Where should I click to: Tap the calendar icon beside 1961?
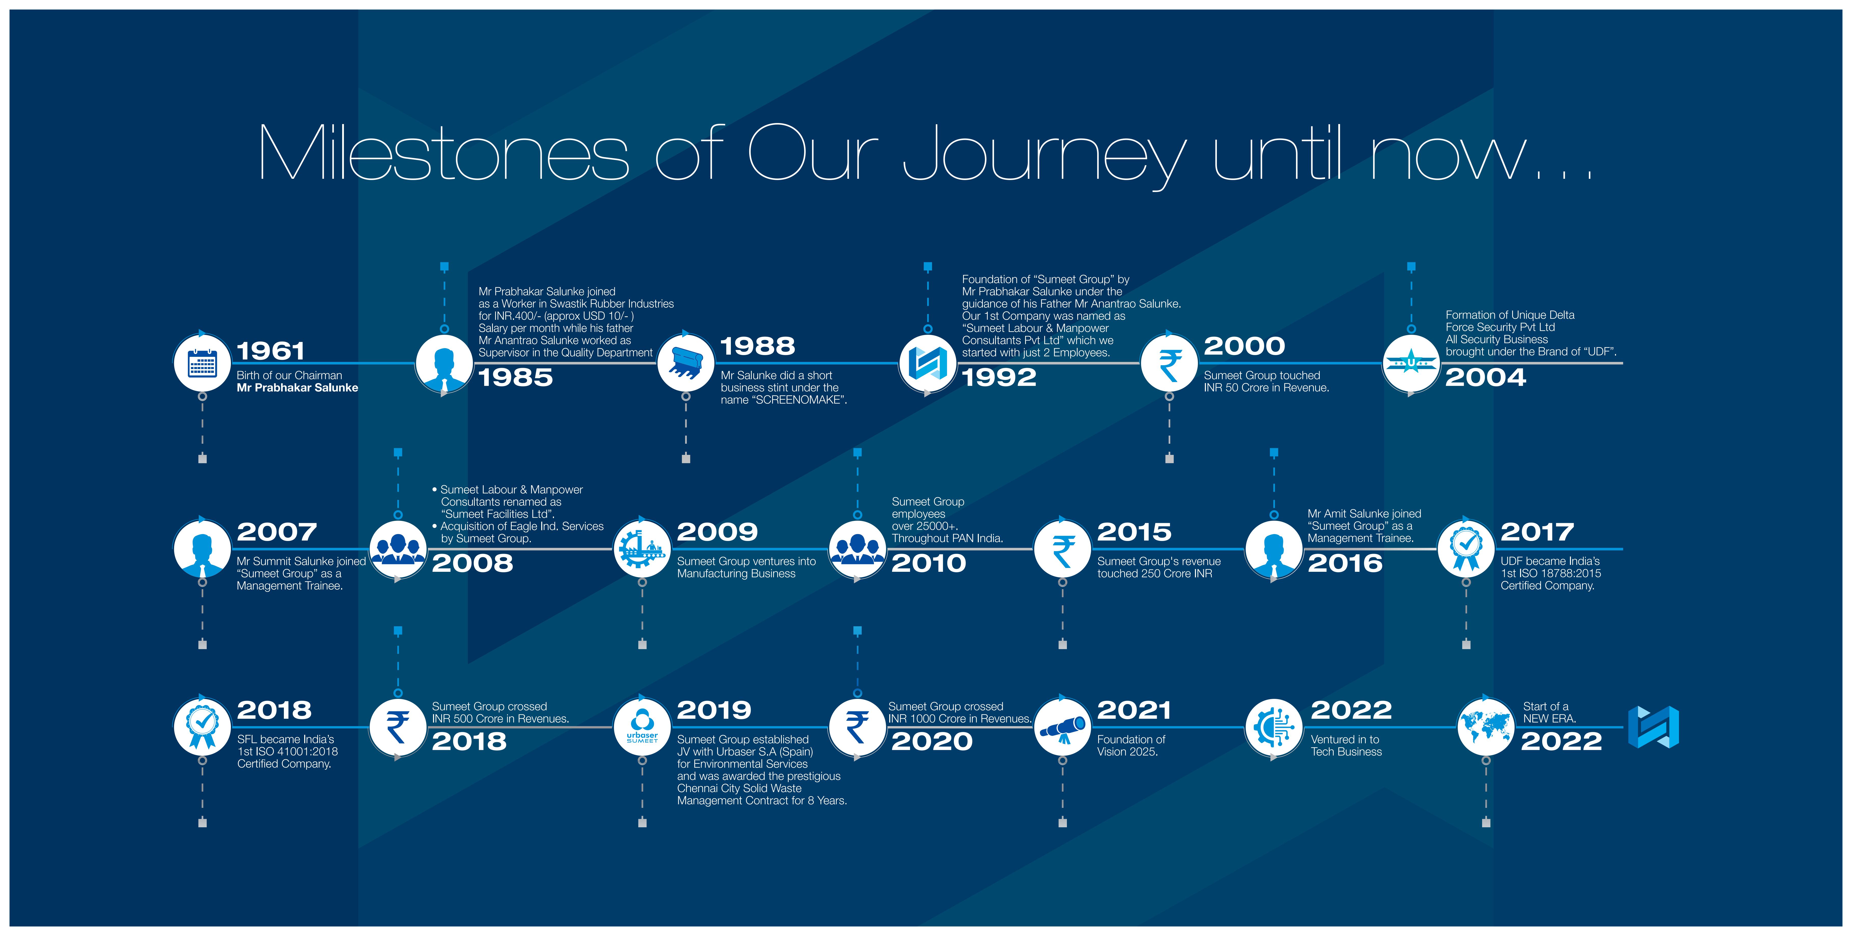[202, 363]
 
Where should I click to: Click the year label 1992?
[999, 377]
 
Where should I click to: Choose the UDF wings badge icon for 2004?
[1411, 363]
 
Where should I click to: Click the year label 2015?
[1134, 532]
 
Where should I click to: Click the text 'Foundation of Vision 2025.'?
[1131, 745]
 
